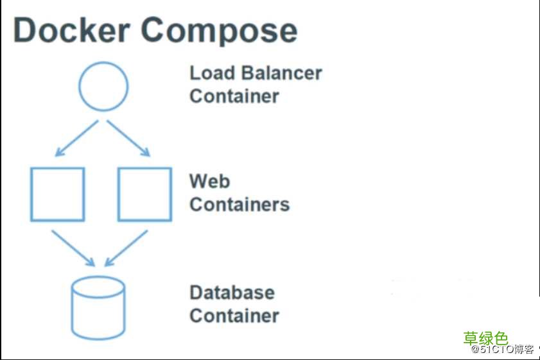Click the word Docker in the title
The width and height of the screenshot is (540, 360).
[72, 30]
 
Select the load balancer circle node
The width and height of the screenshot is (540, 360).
[103, 86]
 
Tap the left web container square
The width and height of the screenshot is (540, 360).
[58, 194]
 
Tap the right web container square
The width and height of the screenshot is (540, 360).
[144, 194]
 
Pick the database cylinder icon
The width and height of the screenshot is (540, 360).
[98, 308]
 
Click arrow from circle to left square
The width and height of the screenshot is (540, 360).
[76, 139]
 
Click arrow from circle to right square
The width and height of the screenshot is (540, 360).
[128, 139]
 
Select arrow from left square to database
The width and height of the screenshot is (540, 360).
[73, 248]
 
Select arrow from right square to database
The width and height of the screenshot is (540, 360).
[126, 248]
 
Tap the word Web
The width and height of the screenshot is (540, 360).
[209, 181]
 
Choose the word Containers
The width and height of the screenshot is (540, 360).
[240, 205]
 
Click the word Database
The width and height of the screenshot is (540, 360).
[232, 293]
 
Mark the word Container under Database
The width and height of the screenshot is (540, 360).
[234, 316]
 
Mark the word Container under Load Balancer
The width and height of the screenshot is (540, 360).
[234, 96]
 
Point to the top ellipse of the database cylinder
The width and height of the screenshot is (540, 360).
[98, 287]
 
